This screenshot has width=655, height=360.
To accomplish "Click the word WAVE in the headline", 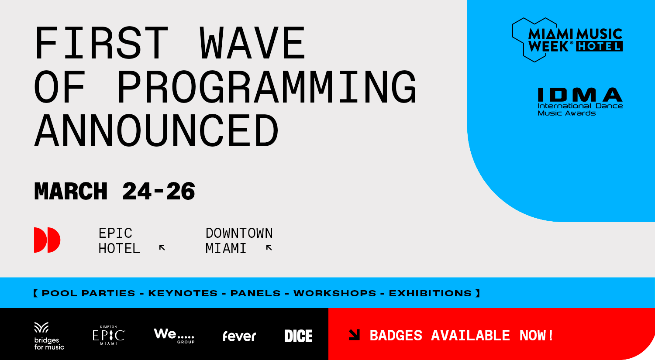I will (x=252, y=43).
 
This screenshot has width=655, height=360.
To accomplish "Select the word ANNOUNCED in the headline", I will (x=156, y=130).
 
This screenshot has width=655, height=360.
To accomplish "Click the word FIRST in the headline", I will (x=101, y=43).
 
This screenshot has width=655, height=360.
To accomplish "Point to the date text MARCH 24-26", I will (x=114, y=192).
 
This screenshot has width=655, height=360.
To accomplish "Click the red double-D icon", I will (x=47, y=240).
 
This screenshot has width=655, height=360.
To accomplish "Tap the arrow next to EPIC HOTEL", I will (x=162, y=248).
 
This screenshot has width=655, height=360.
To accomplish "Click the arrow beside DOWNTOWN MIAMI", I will (x=269, y=248).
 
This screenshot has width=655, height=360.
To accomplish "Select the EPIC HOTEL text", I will (x=119, y=240).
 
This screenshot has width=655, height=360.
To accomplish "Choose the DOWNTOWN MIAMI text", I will (x=239, y=240).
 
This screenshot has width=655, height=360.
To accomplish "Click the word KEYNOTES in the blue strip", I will (x=183, y=293).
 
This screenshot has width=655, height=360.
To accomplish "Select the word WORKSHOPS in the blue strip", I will (x=334, y=293).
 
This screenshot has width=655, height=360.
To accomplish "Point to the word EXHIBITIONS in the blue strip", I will (x=430, y=293).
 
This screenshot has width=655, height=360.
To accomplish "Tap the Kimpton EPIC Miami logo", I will (x=109, y=336).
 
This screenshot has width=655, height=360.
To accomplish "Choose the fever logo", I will (x=239, y=336).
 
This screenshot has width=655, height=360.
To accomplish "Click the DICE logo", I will (x=298, y=336).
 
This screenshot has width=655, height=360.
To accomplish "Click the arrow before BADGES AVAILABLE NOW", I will (x=354, y=335).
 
